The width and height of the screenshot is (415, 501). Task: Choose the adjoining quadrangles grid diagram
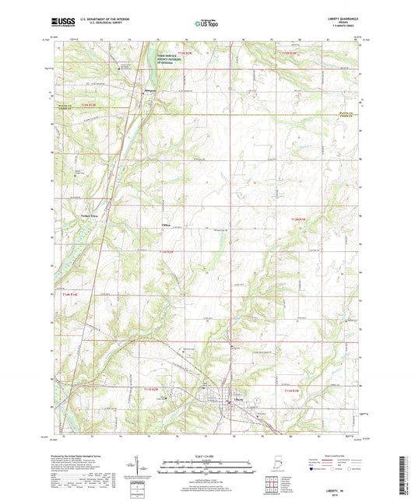coord(272,485)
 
